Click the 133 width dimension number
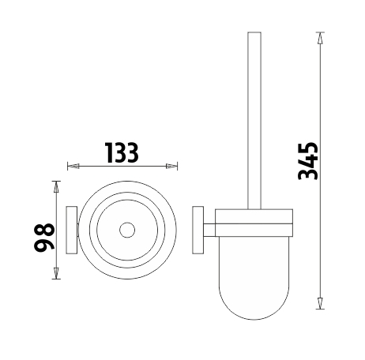click(122, 152)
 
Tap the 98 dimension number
click(44, 236)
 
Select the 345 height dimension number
click(308, 161)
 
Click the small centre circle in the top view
click(127, 230)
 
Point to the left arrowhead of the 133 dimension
click(73, 166)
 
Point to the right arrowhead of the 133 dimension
click(171, 166)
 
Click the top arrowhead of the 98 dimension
click(55, 187)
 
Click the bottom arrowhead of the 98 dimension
click(55, 273)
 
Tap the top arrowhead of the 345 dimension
click(320, 38)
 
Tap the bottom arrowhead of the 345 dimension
click(320, 303)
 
